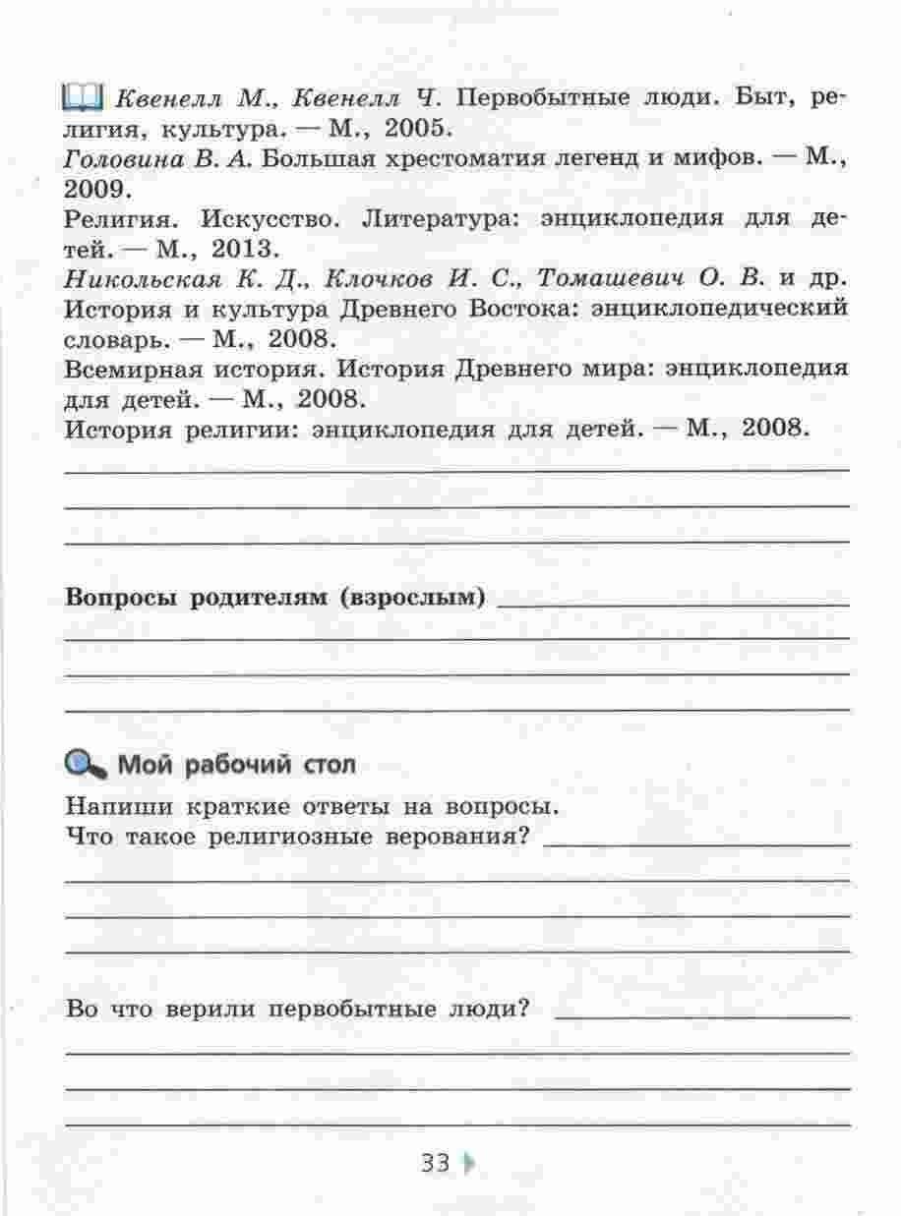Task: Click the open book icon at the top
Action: [82, 97]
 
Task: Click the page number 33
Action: [435, 1164]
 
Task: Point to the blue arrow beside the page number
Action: [468, 1164]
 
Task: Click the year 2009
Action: [97, 187]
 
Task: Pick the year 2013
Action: [236, 247]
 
